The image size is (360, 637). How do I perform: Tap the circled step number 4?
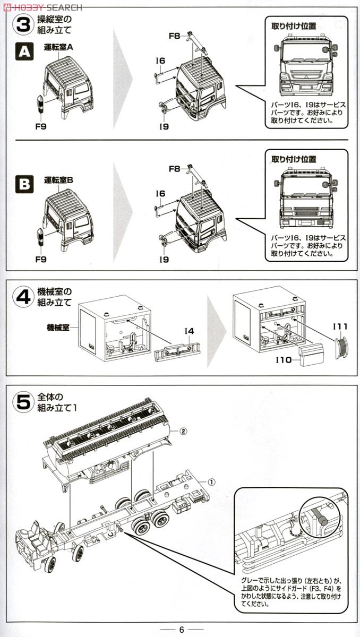click(x=23, y=297)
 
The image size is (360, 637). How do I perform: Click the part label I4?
click(x=188, y=331)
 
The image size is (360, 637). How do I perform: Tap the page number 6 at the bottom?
click(x=181, y=630)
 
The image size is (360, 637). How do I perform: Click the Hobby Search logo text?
click(x=42, y=7)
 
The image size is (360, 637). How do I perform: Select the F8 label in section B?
click(x=174, y=169)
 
